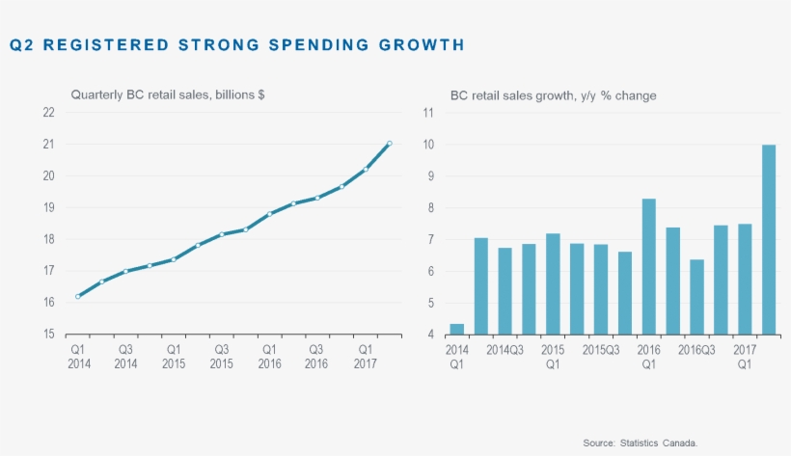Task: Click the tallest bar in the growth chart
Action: (x=769, y=240)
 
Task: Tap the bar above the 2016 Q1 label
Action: (x=649, y=267)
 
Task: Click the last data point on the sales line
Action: (x=389, y=144)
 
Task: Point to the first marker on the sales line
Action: (x=77, y=296)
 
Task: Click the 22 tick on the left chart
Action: (x=47, y=112)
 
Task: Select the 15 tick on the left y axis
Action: (x=47, y=335)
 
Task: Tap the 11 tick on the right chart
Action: (x=428, y=112)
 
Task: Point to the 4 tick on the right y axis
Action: (x=431, y=335)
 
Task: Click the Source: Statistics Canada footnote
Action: (x=640, y=442)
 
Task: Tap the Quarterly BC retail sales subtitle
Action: (x=168, y=94)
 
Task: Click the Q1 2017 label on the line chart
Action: (x=365, y=356)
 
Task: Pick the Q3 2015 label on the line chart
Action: (x=221, y=356)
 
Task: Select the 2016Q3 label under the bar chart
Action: (x=696, y=350)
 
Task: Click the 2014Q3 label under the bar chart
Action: (x=505, y=350)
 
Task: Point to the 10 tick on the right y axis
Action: (x=428, y=145)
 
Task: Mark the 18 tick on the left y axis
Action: (x=47, y=239)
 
